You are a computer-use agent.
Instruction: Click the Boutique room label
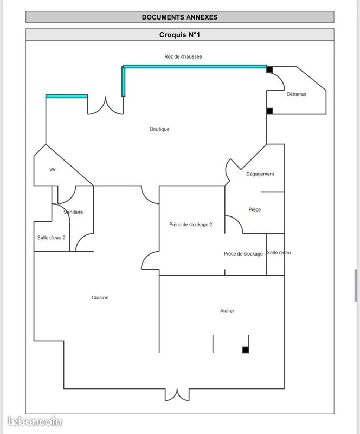pyautogui.click(x=159, y=129)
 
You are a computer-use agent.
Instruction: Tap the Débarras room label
pyautogui.click(x=296, y=94)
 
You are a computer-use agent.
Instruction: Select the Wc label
pyautogui.click(x=53, y=169)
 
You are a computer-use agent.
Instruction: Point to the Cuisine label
pyautogui.click(x=100, y=297)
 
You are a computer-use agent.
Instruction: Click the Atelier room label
pyautogui.click(x=227, y=311)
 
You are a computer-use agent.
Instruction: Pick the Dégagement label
pyautogui.click(x=260, y=174)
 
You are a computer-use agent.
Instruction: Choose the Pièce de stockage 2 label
pyautogui.click(x=191, y=225)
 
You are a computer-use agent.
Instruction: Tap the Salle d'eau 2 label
pyautogui.click(x=51, y=238)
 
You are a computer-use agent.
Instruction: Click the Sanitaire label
pyautogui.click(x=73, y=212)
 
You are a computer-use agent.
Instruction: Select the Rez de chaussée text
pyautogui.click(x=183, y=56)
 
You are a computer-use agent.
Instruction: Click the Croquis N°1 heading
pyautogui.click(x=179, y=35)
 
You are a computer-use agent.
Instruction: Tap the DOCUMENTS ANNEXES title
pyautogui.click(x=179, y=17)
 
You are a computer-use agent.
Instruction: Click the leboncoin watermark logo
pyautogui.click(x=35, y=422)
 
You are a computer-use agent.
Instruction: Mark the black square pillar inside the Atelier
pyautogui.click(x=246, y=350)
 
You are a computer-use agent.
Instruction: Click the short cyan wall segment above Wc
pyautogui.click(x=67, y=97)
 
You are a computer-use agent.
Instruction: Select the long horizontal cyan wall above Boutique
pyautogui.click(x=195, y=66)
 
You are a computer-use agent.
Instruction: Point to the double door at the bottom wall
pyautogui.click(x=177, y=395)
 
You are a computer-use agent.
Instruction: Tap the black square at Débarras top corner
pyautogui.click(x=270, y=69)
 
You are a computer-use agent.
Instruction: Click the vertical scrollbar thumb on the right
pyautogui.click(x=356, y=285)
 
